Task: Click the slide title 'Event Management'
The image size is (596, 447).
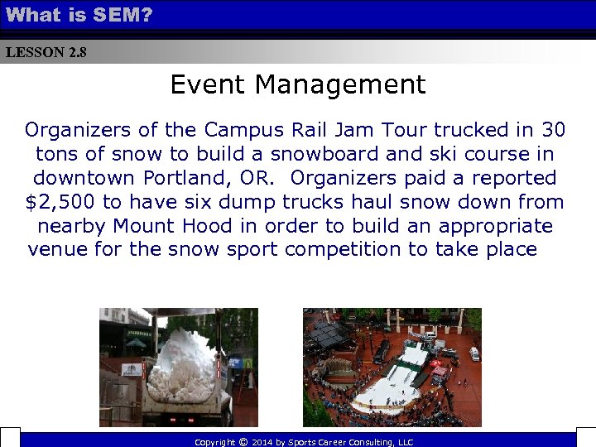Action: pyautogui.click(x=297, y=84)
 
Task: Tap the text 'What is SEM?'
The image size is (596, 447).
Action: pyautogui.click(x=79, y=14)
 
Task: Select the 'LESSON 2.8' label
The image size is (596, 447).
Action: pyautogui.click(x=46, y=52)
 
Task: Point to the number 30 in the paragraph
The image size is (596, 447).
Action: pyautogui.click(x=553, y=130)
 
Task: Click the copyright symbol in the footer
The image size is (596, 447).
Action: pyautogui.click(x=242, y=442)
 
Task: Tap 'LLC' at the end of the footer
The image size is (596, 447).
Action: pyautogui.click(x=405, y=442)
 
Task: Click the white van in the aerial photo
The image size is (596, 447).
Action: pyautogui.click(x=474, y=353)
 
